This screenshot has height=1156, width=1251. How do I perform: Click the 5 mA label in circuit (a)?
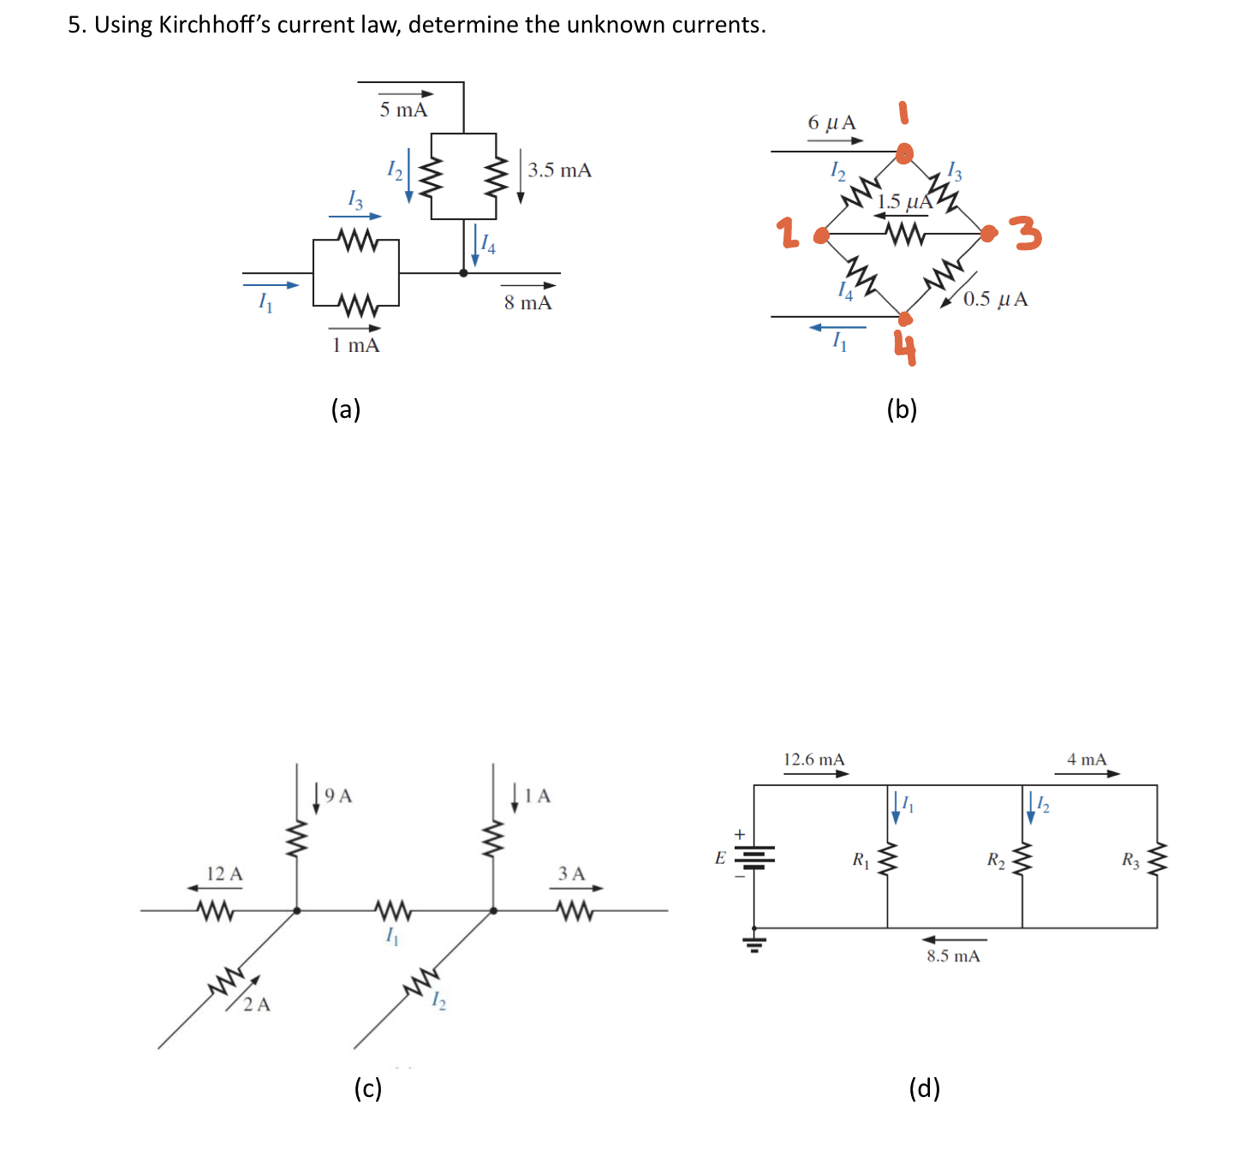click(403, 110)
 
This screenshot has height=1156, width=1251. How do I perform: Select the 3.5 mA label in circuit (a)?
click(559, 170)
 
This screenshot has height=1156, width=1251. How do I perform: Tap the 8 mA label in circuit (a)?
click(527, 302)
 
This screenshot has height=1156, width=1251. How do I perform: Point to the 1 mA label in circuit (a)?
click(355, 345)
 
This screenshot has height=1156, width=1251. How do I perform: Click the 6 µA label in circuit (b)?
click(831, 122)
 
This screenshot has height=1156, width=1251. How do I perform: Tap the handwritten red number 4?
click(905, 348)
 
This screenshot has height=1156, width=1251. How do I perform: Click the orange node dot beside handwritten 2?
click(821, 235)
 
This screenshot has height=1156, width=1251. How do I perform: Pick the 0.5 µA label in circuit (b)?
click(995, 299)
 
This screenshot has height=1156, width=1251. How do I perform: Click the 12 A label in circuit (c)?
click(224, 873)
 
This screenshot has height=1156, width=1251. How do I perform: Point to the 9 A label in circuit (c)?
click(339, 795)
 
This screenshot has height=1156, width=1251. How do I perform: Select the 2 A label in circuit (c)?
click(256, 1004)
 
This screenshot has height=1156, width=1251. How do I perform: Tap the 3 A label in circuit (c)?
click(571, 873)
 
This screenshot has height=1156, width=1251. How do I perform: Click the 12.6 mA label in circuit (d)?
click(813, 760)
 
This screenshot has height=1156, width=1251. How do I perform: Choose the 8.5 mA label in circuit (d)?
click(953, 956)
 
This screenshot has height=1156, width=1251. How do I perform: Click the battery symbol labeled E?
click(754, 857)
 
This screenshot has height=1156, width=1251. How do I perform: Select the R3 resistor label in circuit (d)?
click(1130, 860)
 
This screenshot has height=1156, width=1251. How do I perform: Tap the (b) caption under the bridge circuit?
click(902, 409)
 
